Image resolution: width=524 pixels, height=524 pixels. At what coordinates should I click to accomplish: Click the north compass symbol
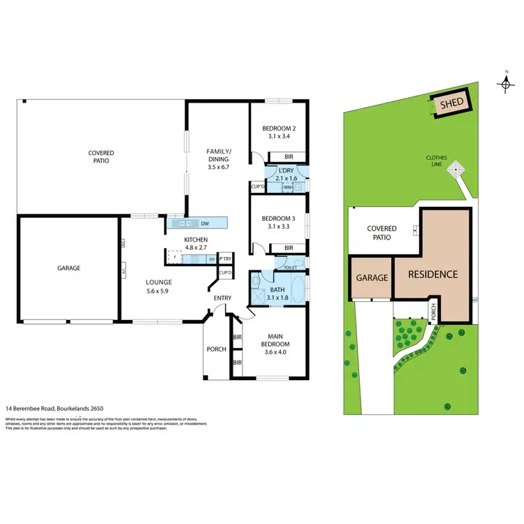[507, 83]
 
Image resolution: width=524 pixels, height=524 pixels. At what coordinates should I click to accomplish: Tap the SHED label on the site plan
[451, 105]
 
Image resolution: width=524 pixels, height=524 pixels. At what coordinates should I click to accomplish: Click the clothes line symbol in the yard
[456, 168]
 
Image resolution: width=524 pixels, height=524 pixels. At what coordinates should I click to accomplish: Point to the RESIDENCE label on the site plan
[433, 274]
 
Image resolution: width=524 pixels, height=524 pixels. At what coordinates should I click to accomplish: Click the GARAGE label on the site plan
[372, 277]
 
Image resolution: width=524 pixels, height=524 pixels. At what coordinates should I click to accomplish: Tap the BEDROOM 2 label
[279, 129]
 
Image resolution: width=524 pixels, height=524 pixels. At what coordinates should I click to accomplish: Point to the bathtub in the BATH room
[296, 288]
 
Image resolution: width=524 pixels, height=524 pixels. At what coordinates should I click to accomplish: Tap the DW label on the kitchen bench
[205, 224]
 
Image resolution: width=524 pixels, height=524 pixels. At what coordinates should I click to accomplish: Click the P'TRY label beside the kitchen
[225, 259]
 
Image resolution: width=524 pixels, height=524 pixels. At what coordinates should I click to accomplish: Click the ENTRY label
[222, 299]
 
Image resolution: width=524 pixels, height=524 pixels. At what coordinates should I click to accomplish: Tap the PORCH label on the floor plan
[217, 349]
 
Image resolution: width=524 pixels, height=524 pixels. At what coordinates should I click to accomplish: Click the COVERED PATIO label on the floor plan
[101, 157]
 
